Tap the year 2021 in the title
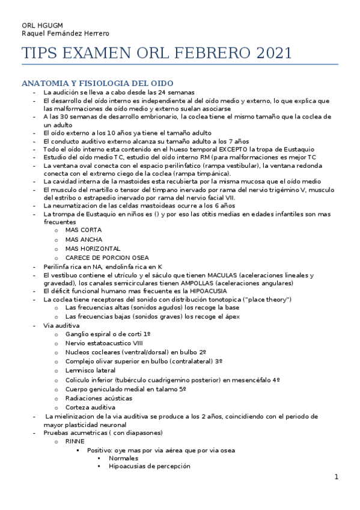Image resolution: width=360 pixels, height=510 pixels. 274,54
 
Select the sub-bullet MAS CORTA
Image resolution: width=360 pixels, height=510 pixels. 83,230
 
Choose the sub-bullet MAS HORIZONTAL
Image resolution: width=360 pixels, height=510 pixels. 93,248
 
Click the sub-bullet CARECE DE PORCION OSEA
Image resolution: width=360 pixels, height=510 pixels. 107,257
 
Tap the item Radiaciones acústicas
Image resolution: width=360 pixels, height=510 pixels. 99,398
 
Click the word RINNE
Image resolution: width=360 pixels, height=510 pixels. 76,441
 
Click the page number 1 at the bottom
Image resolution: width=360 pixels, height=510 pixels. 337,478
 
